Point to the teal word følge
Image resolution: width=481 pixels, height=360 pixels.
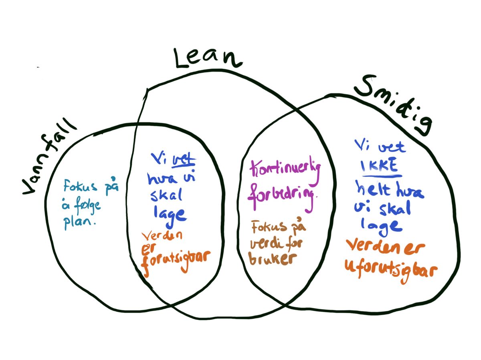click(x=87, y=208)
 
